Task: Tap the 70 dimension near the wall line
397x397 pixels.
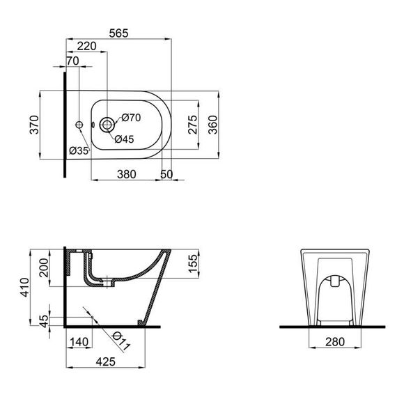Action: click(x=72, y=61)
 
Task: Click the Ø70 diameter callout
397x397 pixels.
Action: click(x=132, y=118)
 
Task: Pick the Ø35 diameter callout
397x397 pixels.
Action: click(x=79, y=150)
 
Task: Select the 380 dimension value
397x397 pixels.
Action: click(x=126, y=173)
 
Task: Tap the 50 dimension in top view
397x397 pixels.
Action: click(x=166, y=173)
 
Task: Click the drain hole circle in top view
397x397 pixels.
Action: click(x=107, y=125)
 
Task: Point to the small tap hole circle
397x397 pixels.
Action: click(x=79, y=125)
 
